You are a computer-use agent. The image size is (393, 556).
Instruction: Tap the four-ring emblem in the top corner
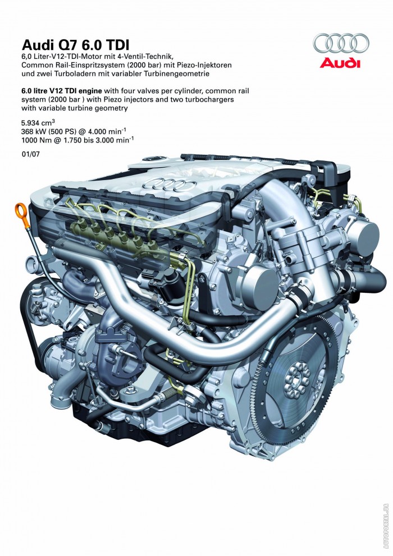click(340, 44)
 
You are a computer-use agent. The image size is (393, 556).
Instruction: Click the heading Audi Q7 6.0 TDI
click(75, 45)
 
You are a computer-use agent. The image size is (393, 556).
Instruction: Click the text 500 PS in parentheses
click(62, 131)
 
